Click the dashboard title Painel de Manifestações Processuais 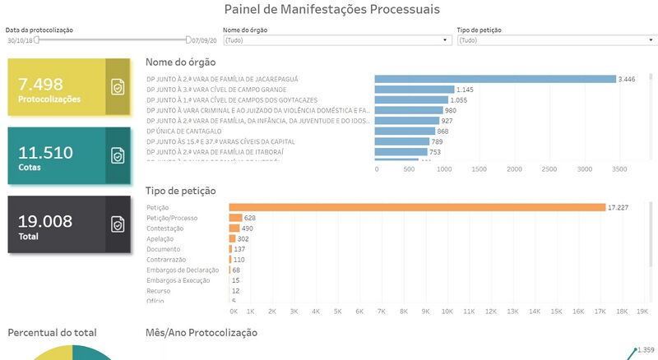331,10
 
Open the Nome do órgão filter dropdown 337,39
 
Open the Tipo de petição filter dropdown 555,39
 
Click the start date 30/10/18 21,39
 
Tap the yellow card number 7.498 40,84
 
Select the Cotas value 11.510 46,152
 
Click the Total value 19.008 45,220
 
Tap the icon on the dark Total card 118,224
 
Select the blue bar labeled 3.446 494,79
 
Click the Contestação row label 165,228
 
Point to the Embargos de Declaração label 183,270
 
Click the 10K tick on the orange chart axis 447,312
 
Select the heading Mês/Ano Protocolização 202,333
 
